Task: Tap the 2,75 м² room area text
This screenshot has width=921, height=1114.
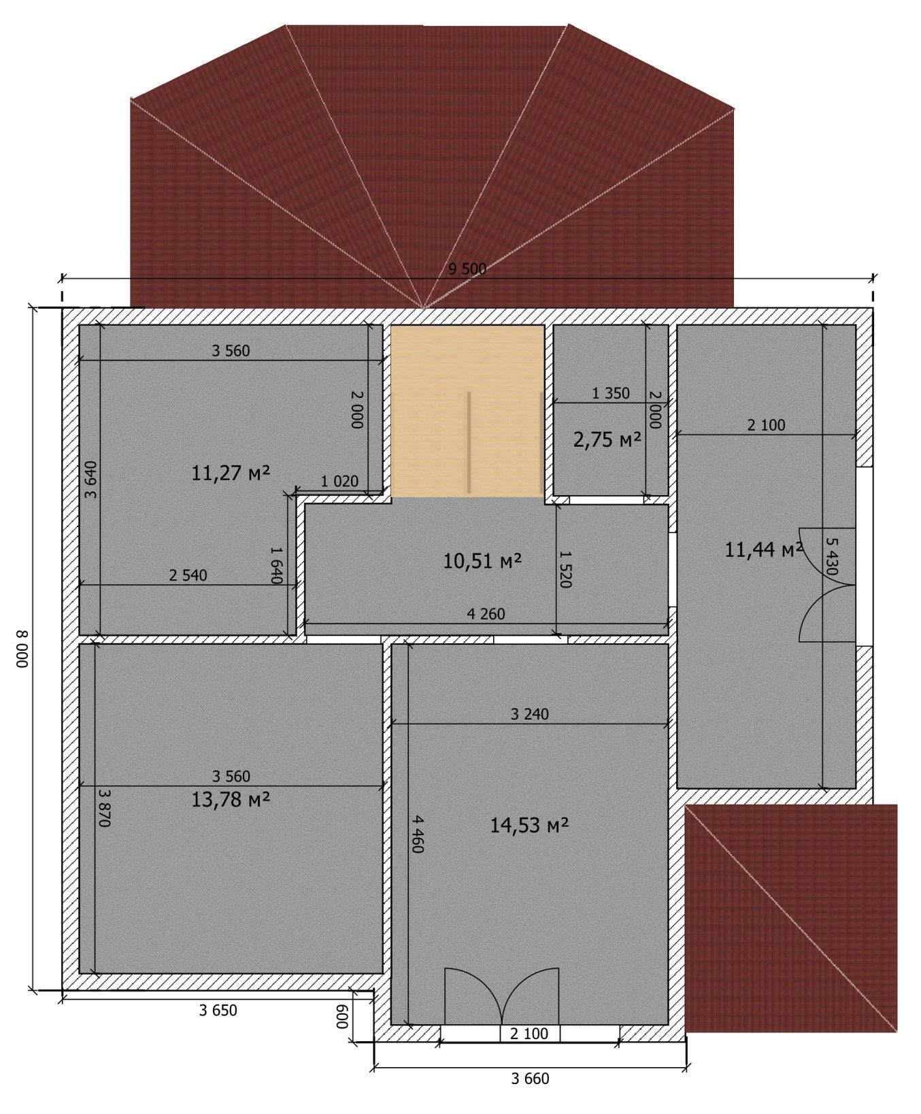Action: click(x=608, y=440)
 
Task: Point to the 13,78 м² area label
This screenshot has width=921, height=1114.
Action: click(x=231, y=799)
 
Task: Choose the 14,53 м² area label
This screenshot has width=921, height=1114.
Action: click(x=530, y=825)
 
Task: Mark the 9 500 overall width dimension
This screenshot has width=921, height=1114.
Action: click(x=467, y=269)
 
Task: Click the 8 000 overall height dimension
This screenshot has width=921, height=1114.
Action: click(x=22, y=649)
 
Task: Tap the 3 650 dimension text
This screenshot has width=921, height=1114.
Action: click(x=218, y=1010)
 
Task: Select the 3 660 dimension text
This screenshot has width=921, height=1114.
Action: click(x=530, y=1079)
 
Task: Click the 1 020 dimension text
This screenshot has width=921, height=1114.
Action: click(x=339, y=481)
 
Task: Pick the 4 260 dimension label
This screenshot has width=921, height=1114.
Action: click(x=486, y=614)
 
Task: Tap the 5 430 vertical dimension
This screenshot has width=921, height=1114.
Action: click(x=830, y=557)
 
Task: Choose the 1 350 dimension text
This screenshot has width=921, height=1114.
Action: click(x=611, y=393)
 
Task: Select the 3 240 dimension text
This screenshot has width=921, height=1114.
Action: click(x=529, y=714)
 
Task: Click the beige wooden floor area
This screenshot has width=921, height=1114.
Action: click(x=467, y=411)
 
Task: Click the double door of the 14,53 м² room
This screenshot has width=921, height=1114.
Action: click(x=502, y=996)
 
